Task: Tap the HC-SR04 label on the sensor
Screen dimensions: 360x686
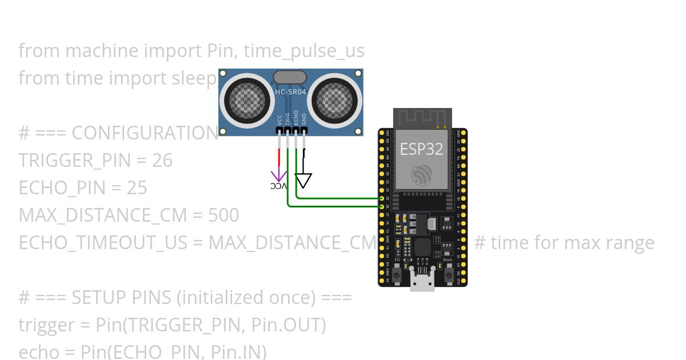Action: (x=291, y=91)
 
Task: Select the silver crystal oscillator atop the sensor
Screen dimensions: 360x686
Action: (x=290, y=77)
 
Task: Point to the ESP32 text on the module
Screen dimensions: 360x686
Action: (x=421, y=149)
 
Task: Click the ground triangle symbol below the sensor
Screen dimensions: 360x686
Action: (x=304, y=181)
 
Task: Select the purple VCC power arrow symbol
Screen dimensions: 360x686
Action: (x=279, y=176)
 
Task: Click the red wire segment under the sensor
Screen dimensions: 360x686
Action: (x=279, y=157)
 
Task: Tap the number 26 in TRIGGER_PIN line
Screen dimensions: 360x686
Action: (x=162, y=161)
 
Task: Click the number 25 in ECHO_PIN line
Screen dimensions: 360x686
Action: (x=137, y=188)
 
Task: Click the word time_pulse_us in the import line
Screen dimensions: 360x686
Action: (x=304, y=51)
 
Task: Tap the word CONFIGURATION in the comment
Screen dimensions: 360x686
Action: (x=145, y=133)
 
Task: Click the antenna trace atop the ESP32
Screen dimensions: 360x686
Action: (x=422, y=118)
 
